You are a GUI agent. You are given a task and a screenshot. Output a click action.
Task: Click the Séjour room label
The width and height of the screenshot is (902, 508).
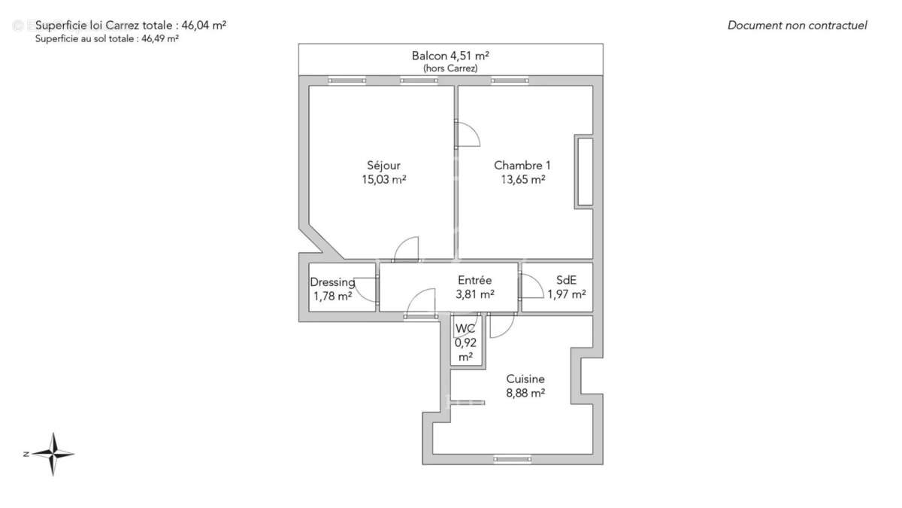point(383,166)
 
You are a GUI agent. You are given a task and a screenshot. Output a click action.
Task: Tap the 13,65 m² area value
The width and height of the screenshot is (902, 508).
point(522,180)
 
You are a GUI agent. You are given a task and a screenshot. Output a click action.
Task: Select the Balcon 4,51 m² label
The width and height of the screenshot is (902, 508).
point(450,55)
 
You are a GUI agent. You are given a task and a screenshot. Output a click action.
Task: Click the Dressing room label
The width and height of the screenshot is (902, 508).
point(332,282)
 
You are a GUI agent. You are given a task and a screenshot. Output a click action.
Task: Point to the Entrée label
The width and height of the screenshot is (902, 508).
point(474,280)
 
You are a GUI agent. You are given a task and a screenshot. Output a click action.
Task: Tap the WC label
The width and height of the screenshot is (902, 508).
point(465,329)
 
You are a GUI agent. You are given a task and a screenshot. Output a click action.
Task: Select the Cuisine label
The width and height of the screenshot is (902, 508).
point(525,379)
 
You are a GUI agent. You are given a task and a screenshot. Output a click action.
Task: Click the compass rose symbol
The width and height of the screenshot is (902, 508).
point(53,454)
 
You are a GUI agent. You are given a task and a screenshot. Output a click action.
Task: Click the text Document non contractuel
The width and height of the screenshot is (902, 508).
point(797,25)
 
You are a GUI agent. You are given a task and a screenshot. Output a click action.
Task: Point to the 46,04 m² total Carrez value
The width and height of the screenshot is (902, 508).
point(204,25)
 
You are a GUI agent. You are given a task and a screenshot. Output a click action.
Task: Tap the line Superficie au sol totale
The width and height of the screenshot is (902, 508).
point(107,39)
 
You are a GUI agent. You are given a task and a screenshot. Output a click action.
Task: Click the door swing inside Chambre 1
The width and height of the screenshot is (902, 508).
point(469,134)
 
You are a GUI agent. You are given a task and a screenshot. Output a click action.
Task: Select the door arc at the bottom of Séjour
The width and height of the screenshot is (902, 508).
point(407,249)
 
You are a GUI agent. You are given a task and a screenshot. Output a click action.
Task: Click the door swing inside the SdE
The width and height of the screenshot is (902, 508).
point(531,286)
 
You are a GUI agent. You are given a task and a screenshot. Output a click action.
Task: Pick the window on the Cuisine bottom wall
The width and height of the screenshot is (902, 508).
point(512,458)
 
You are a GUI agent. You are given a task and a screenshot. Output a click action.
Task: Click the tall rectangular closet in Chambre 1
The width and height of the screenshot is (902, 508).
point(584,172)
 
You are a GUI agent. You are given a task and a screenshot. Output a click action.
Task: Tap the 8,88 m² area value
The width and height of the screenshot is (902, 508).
point(525,393)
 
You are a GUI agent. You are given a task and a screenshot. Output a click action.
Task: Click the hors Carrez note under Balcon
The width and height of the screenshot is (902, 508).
point(450,68)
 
